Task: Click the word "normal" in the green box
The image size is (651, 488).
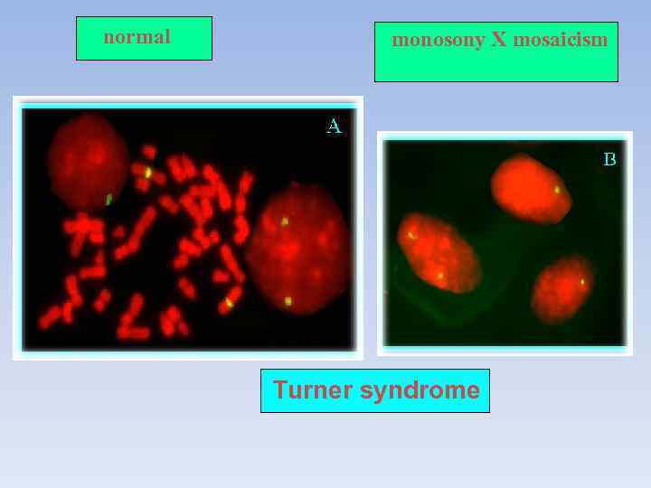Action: (137, 37)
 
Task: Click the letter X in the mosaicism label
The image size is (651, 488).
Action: (499, 41)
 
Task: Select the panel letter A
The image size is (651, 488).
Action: (334, 127)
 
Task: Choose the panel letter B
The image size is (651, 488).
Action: (609, 160)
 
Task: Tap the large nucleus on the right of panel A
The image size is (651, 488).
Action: (296, 249)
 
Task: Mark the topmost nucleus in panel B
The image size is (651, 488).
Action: (531, 188)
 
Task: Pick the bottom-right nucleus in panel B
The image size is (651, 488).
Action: (562, 289)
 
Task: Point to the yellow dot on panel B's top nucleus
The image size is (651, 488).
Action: (557, 190)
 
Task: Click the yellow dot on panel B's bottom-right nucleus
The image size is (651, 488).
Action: (582, 282)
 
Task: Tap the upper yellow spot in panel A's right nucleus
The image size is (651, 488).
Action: (285, 221)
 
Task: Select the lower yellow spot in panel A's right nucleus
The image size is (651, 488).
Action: (288, 301)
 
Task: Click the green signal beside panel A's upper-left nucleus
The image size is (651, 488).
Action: (108, 199)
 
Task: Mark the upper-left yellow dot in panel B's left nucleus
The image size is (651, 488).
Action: (410, 235)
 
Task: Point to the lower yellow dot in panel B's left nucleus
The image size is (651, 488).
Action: (440, 274)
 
